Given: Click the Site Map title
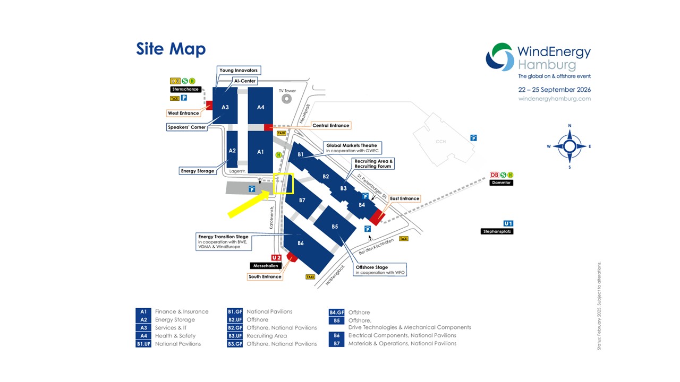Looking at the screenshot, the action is point(171,49).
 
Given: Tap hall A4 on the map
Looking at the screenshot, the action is point(260,106).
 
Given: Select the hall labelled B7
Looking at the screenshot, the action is point(303,198).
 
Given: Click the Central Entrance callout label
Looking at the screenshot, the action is point(331,126).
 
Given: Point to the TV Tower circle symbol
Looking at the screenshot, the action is point(286,99).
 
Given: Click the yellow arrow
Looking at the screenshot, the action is point(249,204).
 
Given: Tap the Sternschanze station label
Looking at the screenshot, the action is point(185,90).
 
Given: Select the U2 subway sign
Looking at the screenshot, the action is point(276,257).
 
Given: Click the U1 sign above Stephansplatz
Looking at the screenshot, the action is point(508,223).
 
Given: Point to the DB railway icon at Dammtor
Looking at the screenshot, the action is point(494,175).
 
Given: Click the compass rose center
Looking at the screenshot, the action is point(569,146).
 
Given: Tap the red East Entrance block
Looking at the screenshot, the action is point(377,217).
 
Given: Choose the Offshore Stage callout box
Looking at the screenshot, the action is point(380,270).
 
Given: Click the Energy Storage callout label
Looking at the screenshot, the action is point(197,171).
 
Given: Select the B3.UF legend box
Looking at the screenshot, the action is point(235,336).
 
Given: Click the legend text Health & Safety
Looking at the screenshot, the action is point(175,336).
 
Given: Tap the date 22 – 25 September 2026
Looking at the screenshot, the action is point(554,90).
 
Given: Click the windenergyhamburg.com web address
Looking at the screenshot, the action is point(554,99).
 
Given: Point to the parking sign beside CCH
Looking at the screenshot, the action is point(473,138).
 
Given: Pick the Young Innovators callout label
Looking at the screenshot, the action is point(239,71).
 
